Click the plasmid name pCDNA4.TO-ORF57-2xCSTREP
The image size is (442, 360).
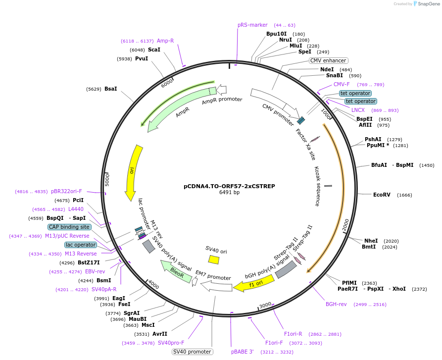(x=229, y=187)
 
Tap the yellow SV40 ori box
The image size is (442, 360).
(x=214, y=259)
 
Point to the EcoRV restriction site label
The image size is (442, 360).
(x=382, y=195)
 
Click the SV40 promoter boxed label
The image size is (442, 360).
(x=193, y=352)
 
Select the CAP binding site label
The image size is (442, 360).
(x=69, y=227)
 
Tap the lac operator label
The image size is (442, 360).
(x=80, y=245)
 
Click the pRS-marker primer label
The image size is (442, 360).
(x=252, y=25)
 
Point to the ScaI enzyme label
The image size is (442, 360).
(x=154, y=50)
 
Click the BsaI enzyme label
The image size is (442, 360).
(x=110, y=89)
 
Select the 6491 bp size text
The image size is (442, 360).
(x=229, y=193)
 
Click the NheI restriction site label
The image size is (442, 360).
(x=371, y=241)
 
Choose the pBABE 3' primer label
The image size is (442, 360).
(x=242, y=352)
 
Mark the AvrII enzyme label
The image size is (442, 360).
(x=159, y=334)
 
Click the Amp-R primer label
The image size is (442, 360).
(x=165, y=41)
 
